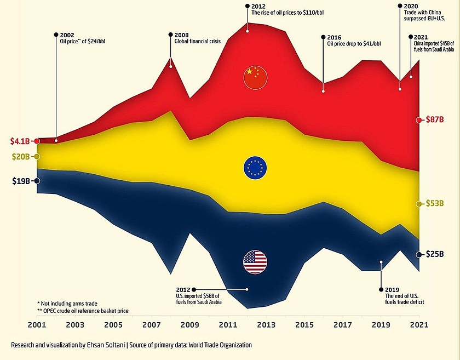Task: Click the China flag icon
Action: click(x=255, y=77)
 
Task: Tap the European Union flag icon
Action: click(x=255, y=168)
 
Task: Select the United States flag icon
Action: click(x=255, y=262)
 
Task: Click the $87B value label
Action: click(x=438, y=120)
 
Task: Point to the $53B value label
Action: click(x=438, y=204)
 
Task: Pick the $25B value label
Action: click(x=438, y=255)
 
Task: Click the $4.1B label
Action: click(x=19, y=141)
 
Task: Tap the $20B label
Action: click(x=21, y=157)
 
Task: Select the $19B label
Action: click(x=21, y=181)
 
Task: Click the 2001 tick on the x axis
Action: click(x=37, y=325)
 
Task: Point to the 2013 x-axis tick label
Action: click(x=266, y=325)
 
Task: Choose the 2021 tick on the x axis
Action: click(x=419, y=325)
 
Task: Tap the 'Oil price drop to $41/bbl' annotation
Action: click(x=354, y=44)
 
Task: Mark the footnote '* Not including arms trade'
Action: click(x=67, y=303)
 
